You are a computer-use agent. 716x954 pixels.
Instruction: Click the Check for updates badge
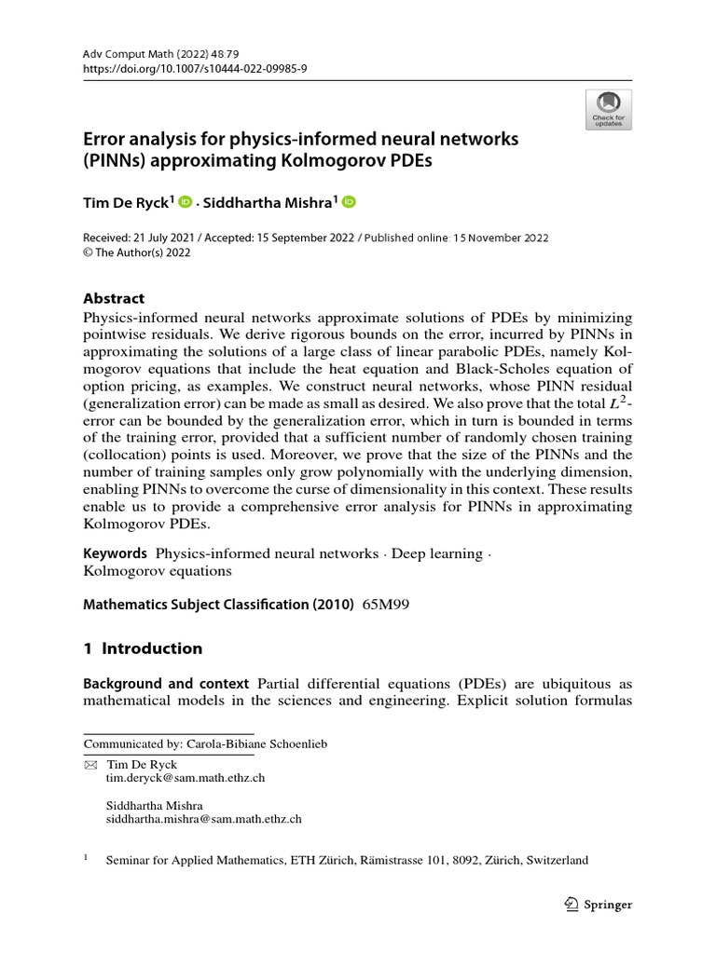tap(607, 109)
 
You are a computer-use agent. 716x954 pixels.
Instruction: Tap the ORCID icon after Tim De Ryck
tap(185, 201)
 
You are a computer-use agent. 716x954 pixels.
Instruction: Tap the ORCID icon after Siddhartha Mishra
tap(349, 201)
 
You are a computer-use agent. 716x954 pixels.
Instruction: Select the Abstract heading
tap(114, 298)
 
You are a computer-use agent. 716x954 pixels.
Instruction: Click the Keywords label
tap(116, 553)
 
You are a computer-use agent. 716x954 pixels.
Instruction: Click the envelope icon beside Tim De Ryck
tap(90, 763)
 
